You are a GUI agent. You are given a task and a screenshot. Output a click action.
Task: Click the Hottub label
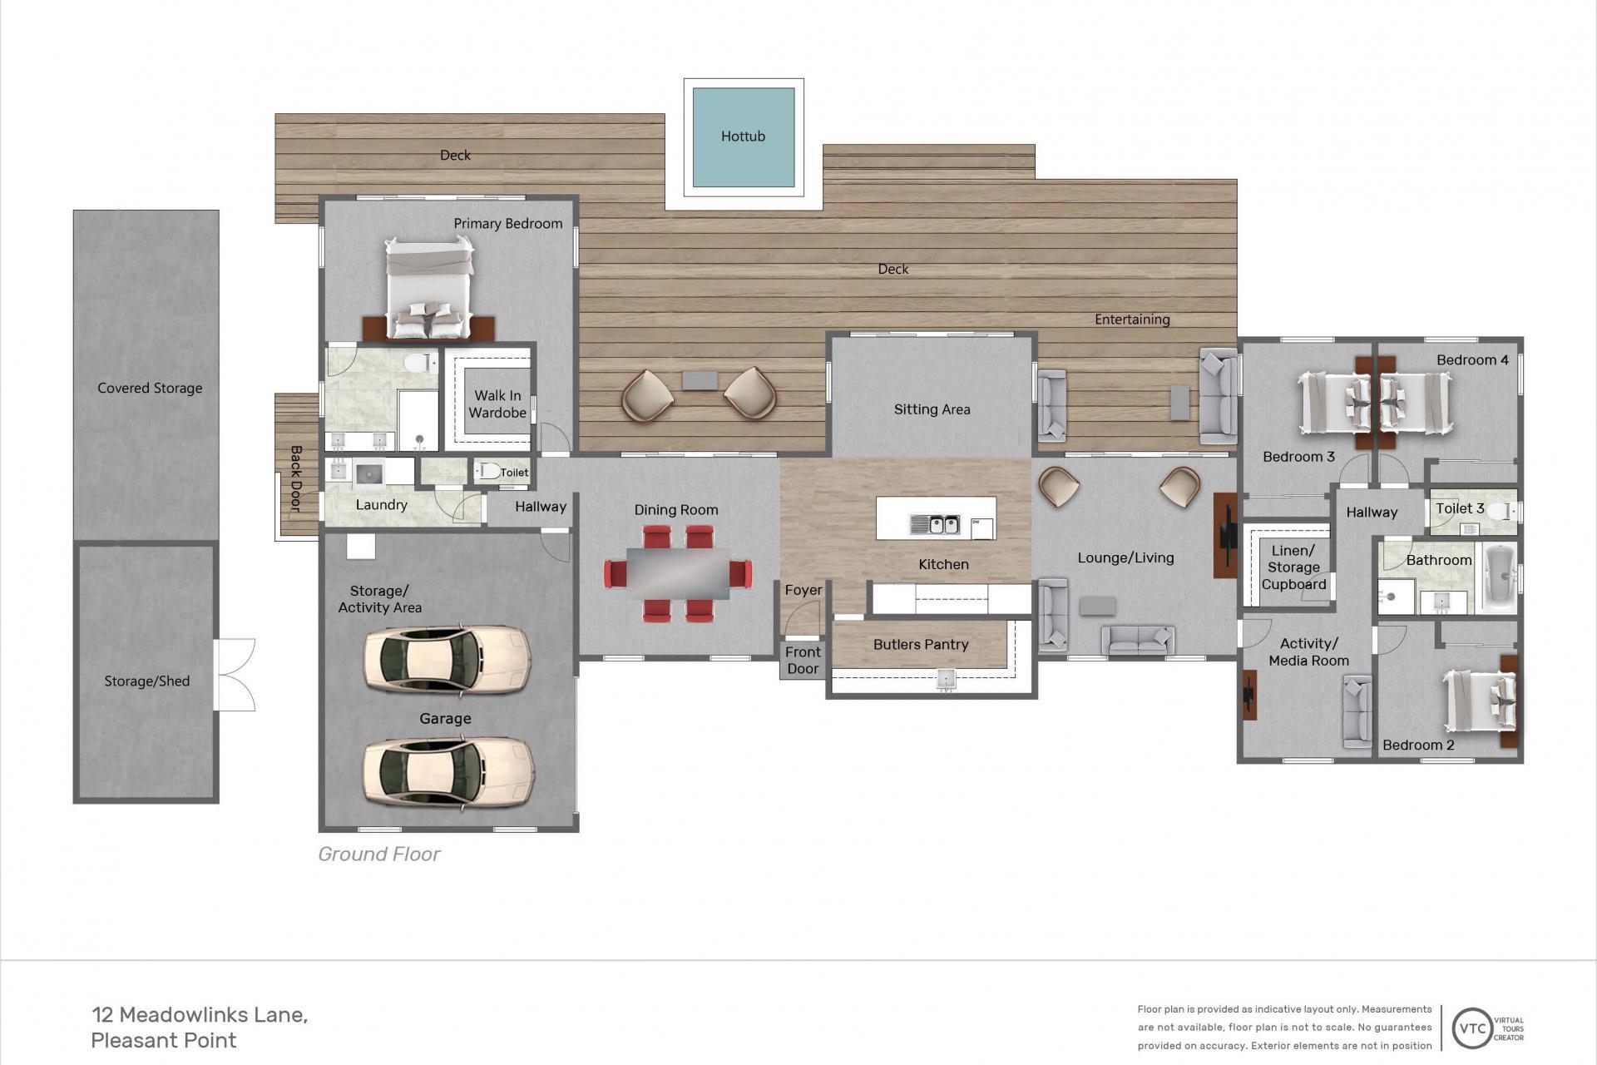(x=743, y=136)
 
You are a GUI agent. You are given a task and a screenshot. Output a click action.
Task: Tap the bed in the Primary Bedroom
(x=429, y=287)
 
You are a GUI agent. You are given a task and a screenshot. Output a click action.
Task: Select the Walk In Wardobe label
(x=497, y=404)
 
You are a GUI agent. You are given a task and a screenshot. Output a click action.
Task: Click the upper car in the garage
(x=447, y=659)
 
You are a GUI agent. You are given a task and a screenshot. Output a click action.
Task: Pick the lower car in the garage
(x=447, y=771)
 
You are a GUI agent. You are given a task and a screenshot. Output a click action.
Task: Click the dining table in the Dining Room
(x=678, y=573)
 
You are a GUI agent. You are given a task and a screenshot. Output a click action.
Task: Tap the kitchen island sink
(x=936, y=524)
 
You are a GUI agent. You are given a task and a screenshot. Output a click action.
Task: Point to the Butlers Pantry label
(x=921, y=645)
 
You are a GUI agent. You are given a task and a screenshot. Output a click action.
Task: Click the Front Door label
(x=803, y=661)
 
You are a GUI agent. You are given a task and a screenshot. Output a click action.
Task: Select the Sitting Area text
(x=932, y=409)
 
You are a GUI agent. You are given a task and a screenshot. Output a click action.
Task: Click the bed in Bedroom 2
(x=1481, y=701)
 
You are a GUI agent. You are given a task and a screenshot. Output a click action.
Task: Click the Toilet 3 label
(x=1460, y=508)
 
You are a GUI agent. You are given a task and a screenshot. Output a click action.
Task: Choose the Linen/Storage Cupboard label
(x=1293, y=567)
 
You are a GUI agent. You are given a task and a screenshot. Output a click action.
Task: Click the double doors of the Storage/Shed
(x=235, y=675)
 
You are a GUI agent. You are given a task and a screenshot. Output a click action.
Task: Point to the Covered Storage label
(x=150, y=389)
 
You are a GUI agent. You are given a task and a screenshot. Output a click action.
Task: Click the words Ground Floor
(x=378, y=854)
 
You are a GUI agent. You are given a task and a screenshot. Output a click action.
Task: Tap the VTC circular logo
(x=1472, y=1028)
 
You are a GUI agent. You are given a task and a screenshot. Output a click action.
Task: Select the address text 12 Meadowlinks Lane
(x=200, y=1015)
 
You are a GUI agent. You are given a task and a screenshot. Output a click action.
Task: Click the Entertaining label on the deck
(x=1132, y=319)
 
